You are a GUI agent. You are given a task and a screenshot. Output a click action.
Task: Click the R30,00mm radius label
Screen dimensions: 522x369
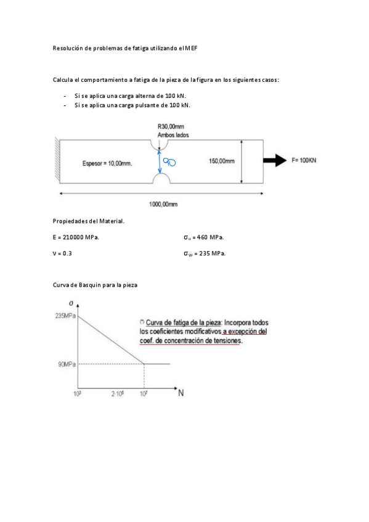(x=171, y=126)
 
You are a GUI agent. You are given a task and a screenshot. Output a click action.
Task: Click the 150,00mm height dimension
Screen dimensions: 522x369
(x=222, y=161)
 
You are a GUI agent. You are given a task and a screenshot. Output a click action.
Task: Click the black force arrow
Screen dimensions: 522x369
(x=274, y=161)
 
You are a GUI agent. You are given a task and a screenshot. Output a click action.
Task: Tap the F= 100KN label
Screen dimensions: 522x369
(x=304, y=161)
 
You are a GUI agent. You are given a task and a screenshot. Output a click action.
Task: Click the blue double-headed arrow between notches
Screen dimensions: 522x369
(x=160, y=162)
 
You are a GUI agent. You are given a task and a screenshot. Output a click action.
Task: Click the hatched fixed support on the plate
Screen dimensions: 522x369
(x=55, y=161)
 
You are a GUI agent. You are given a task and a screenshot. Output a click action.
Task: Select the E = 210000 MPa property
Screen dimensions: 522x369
(x=76, y=236)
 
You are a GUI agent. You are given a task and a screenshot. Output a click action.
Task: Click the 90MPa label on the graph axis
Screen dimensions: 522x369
(x=67, y=364)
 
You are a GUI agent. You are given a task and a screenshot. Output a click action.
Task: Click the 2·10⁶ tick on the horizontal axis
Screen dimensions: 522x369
(x=117, y=392)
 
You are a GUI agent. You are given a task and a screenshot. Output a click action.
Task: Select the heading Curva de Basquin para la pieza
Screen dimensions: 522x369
(x=95, y=286)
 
